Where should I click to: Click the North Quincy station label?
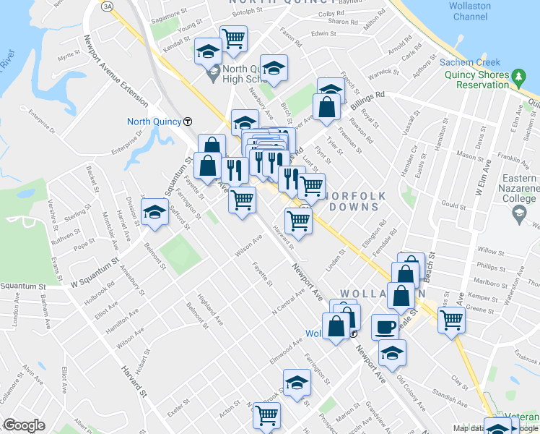[x=154, y=122]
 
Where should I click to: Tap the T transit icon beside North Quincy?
[x=188, y=122]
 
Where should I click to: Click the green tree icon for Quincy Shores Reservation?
[x=518, y=76]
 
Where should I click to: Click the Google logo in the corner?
[x=24, y=425]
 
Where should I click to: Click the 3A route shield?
[x=108, y=6]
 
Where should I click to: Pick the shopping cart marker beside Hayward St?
[x=298, y=221]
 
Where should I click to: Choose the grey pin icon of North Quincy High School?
[x=213, y=73]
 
